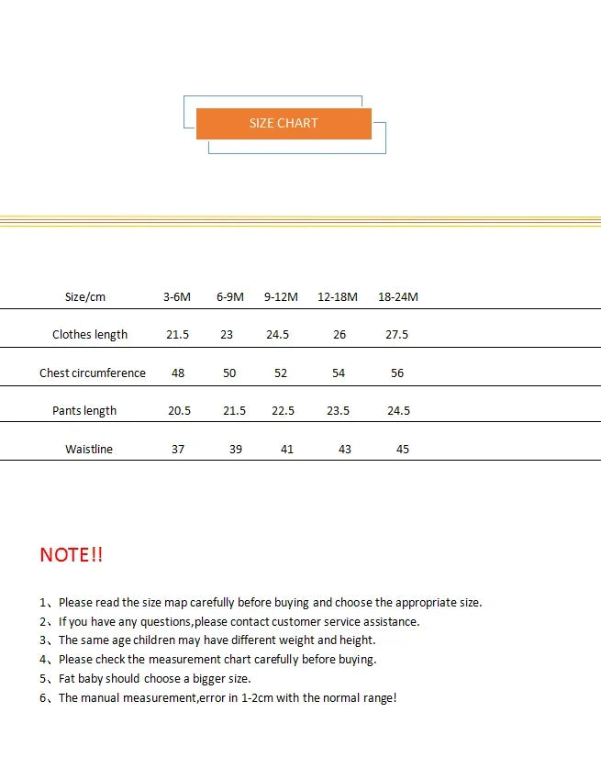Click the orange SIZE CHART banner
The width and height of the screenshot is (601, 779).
coord(284,123)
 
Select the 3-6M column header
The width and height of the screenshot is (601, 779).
coord(177,296)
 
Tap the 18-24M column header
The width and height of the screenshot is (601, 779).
coord(397,296)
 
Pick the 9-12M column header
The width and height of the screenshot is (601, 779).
coord(281,296)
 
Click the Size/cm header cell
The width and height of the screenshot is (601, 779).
coord(85,296)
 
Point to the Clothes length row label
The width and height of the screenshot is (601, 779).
coord(90,335)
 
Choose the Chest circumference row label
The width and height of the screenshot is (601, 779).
coord(93,373)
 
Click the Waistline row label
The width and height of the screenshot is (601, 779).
coord(89,450)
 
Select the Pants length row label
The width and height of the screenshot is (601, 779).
coord(84,411)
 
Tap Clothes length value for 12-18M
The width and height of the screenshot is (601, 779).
coord(339,335)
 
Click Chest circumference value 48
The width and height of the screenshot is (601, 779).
coord(178,373)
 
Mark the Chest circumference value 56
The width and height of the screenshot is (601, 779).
coord(396,373)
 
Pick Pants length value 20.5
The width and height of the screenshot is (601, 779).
coord(179,411)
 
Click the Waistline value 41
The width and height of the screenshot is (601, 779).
coord(287,450)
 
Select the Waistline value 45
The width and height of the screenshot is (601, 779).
coord(403,450)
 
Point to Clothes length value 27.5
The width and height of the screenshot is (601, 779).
coord(396,335)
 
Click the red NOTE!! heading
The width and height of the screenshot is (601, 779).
coord(72,554)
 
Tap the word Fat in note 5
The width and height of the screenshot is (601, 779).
coord(68,679)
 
